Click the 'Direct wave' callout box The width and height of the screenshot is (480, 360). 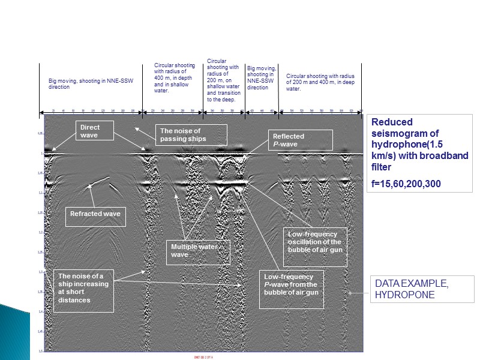[95, 131]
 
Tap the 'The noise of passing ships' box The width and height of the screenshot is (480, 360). [191, 134]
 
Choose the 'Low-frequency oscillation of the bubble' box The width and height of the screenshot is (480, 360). [315, 246]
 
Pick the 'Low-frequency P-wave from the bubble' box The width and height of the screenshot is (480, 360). [291, 289]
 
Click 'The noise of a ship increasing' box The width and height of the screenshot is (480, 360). [83, 292]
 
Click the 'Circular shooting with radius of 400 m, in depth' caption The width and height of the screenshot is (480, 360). [173, 78]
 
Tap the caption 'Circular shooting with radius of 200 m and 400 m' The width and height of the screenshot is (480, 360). [320, 82]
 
